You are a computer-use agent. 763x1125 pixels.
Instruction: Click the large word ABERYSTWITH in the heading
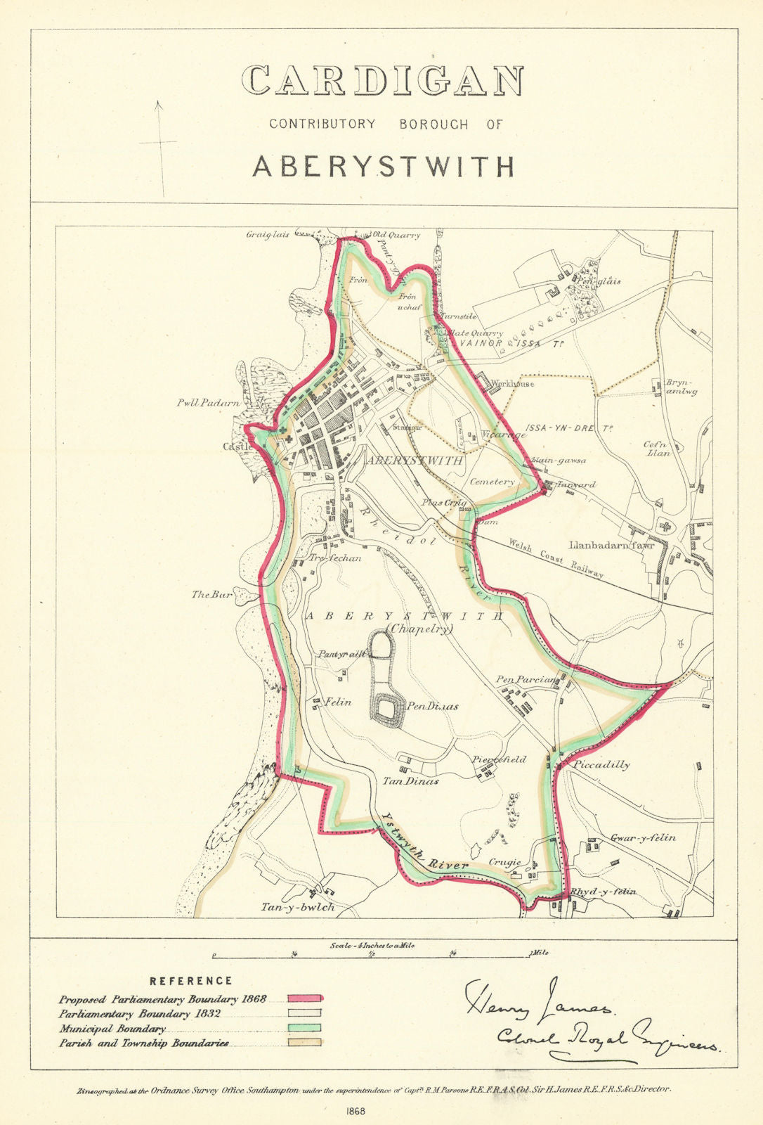click(384, 167)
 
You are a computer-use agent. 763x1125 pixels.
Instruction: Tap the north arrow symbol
click(160, 144)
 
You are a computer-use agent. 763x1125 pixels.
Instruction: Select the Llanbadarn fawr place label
click(607, 545)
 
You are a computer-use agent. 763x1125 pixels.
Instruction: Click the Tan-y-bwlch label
click(298, 907)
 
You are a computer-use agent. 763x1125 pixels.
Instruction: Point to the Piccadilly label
click(601, 764)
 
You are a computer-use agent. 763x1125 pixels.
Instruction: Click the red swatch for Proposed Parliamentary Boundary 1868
click(304, 998)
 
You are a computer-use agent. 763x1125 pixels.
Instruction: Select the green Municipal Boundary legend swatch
click(304, 1028)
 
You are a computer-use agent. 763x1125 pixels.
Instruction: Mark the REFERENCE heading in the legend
click(191, 980)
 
